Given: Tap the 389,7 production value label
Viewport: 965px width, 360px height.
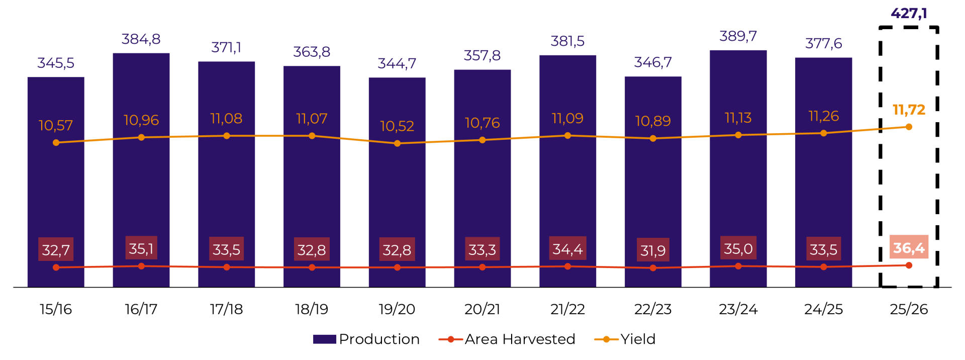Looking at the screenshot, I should click(x=738, y=36).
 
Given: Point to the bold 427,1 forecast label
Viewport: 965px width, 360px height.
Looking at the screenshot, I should click(x=909, y=13).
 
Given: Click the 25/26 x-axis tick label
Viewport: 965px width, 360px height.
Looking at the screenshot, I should click(x=909, y=309).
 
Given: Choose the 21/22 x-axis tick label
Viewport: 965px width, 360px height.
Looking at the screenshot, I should click(x=567, y=309).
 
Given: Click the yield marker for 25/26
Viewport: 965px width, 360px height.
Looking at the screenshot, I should click(x=909, y=127).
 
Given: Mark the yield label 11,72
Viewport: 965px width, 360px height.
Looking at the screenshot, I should click(x=909, y=110).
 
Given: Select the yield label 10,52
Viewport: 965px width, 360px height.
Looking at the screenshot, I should click(x=397, y=126).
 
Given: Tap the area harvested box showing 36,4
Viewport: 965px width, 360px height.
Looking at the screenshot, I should click(x=909, y=247).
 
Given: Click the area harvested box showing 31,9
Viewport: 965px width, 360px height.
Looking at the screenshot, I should click(x=653, y=250).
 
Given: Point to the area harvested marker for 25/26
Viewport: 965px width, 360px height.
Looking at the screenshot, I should click(x=909, y=265).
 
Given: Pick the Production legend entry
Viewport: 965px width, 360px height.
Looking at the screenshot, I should click(x=367, y=339).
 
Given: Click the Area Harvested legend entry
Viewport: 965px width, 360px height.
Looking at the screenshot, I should click(x=508, y=339).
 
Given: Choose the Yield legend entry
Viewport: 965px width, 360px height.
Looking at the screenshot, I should click(x=626, y=339).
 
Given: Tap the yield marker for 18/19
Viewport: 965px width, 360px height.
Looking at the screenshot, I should click(x=312, y=136).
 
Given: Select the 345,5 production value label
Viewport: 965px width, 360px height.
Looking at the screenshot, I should click(x=56, y=63).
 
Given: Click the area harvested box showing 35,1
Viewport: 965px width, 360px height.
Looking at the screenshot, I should click(x=141, y=248).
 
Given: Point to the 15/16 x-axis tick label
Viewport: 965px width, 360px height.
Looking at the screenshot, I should click(x=56, y=309).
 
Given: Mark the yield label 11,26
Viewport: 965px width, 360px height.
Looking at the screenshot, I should click(x=823, y=116).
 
